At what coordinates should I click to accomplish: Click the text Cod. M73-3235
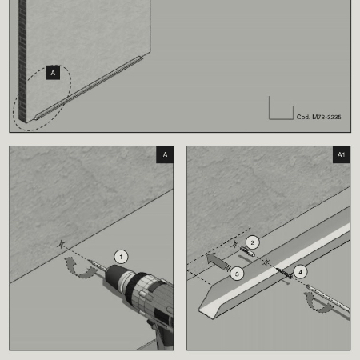318,117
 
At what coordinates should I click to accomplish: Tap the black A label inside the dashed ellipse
53,73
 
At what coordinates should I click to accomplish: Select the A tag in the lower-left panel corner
165,154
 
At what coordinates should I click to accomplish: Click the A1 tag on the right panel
342,154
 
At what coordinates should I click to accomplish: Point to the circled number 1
121,257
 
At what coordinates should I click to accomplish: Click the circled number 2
252,242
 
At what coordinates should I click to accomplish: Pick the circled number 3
237,274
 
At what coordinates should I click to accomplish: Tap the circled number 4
301,272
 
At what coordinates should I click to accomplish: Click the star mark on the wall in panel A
62,244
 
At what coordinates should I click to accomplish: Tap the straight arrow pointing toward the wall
218,262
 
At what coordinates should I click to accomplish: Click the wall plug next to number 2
247,251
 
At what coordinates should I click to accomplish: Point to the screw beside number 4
284,273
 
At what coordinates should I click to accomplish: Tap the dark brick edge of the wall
22,62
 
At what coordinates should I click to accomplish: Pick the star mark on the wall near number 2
234,244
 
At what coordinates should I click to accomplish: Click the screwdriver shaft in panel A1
328,298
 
